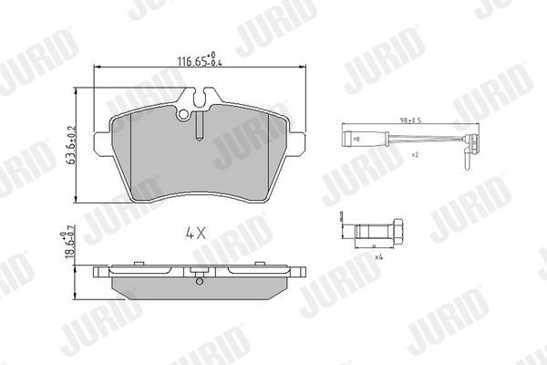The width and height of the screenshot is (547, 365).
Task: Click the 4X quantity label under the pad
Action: click(x=197, y=232)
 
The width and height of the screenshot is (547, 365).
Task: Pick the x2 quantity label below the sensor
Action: click(x=414, y=155)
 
